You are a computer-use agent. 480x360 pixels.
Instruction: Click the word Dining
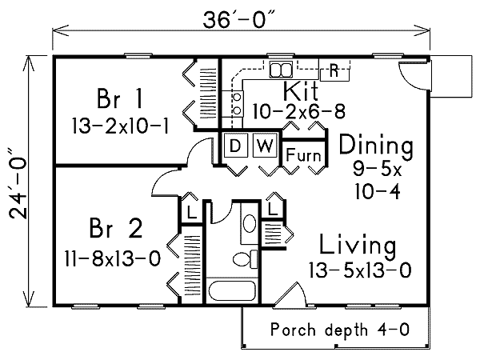point(376,146)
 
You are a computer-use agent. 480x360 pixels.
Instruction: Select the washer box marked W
point(264,146)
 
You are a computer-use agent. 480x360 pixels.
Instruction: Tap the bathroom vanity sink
point(249,223)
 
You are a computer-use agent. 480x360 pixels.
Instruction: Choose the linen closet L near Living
point(272,210)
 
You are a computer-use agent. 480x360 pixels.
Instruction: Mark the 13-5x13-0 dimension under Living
point(360,270)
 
